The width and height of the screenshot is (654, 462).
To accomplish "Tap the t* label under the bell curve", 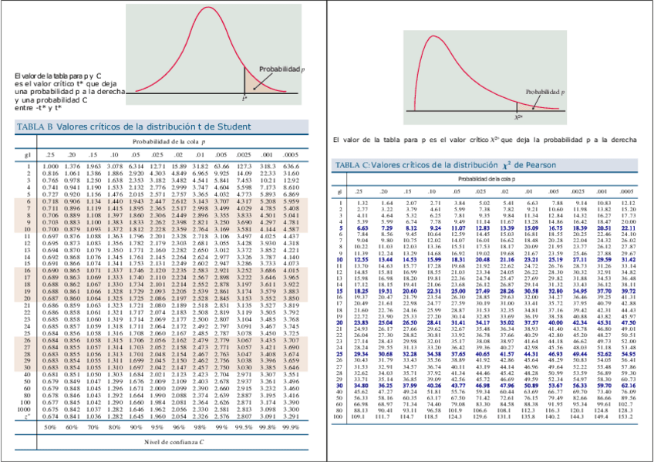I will point(244,98).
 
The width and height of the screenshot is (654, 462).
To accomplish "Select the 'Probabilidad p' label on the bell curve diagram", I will point(281,69).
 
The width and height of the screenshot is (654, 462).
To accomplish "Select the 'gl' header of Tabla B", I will point(27,155).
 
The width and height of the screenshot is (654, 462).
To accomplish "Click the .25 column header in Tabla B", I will point(51,155).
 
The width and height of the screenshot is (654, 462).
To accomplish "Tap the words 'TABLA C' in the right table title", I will point(352,166).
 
